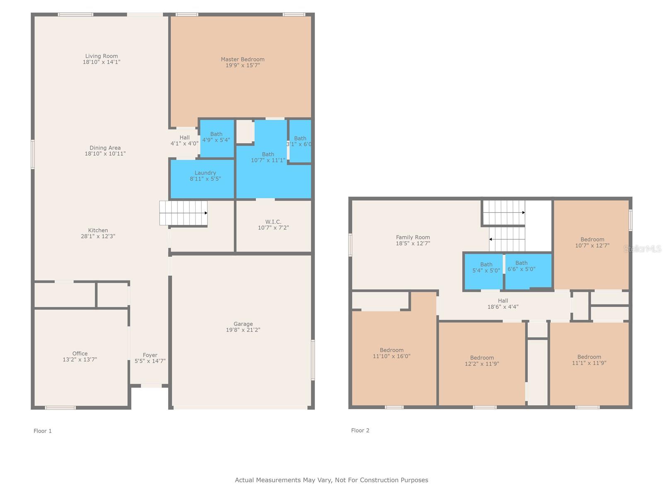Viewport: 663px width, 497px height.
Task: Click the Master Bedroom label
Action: [x=242, y=60]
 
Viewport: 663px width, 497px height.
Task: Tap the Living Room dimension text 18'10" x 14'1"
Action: [x=102, y=62]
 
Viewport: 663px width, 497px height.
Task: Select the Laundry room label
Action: [x=205, y=173]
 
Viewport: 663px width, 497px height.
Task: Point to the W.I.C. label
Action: [x=273, y=222]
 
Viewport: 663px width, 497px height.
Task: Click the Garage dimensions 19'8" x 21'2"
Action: [x=243, y=330]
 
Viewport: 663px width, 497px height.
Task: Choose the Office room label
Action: [x=80, y=353]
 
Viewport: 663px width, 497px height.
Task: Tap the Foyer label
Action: [x=150, y=355]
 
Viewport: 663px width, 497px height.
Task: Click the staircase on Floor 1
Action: [x=183, y=213]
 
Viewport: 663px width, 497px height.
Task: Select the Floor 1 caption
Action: [x=43, y=431]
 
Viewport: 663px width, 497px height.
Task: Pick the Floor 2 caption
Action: [x=360, y=430]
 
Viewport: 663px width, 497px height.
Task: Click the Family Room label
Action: [x=413, y=237]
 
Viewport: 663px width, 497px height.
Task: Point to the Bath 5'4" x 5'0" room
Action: [x=483, y=272]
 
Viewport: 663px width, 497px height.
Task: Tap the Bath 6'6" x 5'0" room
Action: [x=528, y=270]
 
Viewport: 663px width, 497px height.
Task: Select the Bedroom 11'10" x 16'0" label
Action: [x=392, y=350]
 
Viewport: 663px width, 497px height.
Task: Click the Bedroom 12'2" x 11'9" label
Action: [x=482, y=357]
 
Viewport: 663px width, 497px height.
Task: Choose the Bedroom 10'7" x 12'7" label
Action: [x=592, y=239]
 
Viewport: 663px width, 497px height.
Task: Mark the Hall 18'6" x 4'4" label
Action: [x=503, y=301]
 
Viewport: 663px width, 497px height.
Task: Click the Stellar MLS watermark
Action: [x=642, y=248]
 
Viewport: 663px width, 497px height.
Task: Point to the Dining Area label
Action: [x=105, y=148]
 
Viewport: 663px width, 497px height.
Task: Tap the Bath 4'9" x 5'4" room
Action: [x=217, y=138]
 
